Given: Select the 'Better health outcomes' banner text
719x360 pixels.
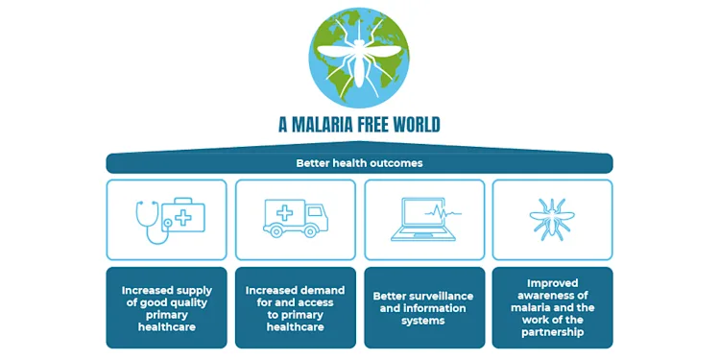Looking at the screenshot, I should [359, 163].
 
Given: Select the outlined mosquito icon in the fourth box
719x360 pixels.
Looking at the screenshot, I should [552, 219].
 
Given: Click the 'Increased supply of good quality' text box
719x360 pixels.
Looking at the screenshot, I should [167, 308].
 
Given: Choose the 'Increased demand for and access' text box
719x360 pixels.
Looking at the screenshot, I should [296, 308].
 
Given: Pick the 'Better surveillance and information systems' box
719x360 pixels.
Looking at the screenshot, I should [423, 308].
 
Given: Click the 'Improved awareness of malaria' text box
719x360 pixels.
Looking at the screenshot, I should [552, 308].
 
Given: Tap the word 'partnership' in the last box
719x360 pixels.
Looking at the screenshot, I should [552, 333].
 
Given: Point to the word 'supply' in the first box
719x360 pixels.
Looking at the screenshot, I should [193, 290].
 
